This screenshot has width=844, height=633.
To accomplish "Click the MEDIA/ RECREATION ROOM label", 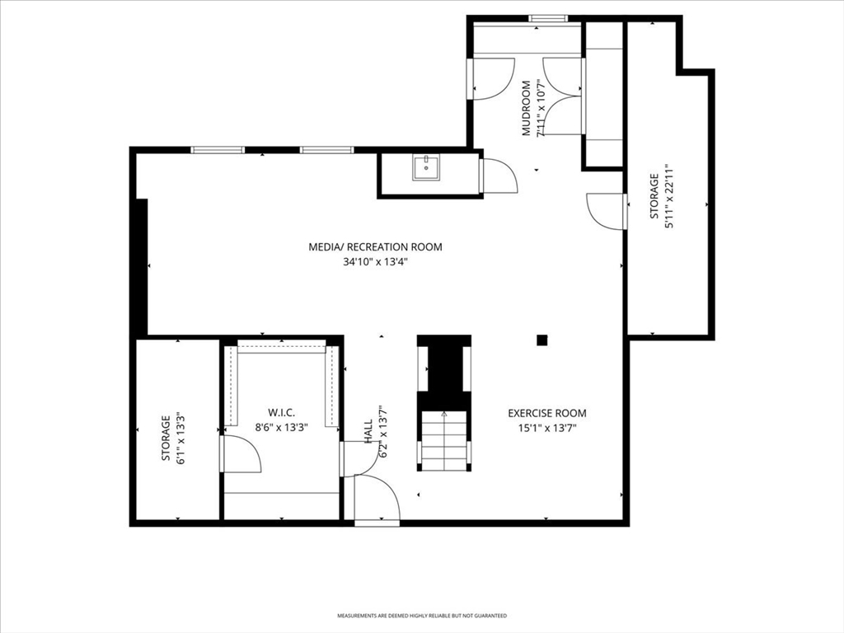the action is [x=375, y=247].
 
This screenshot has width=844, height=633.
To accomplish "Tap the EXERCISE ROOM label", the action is [x=547, y=414].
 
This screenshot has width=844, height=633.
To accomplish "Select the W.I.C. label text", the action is [x=281, y=413].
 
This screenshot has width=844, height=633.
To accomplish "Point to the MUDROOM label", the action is [x=527, y=108].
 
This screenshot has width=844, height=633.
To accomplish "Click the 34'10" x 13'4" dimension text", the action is [x=375, y=262].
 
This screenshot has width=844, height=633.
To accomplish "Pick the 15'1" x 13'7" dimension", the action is [x=547, y=429].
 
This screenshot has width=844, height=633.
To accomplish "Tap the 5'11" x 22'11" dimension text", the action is [x=669, y=196].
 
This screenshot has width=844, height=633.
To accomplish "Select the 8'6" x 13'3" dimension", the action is [x=281, y=428].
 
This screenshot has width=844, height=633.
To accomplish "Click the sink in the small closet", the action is [x=426, y=167].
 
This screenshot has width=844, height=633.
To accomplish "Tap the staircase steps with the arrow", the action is [x=444, y=440].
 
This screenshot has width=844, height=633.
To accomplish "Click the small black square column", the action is [x=542, y=340].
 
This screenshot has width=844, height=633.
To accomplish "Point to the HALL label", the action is [x=368, y=432].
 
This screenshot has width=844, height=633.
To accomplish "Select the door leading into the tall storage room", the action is [x=607, y=212].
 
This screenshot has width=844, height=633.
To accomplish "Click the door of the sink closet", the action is [x=499, y=176].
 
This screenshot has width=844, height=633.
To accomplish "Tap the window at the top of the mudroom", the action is [x=548, y=18].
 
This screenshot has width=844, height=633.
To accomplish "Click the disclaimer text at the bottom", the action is [x=422, y=615].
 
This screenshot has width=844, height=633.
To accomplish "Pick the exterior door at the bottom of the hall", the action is [x=377, y=499].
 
